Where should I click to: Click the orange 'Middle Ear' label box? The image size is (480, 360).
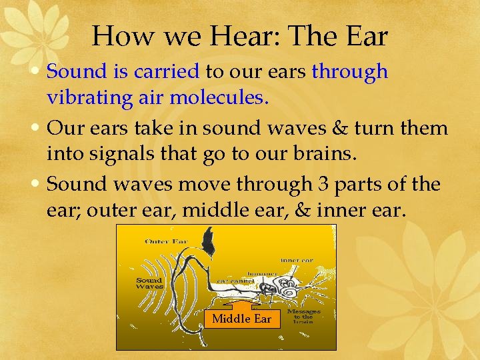(241, 319)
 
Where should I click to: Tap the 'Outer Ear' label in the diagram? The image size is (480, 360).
(167, 241)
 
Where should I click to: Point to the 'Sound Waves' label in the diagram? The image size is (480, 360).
(149, 283)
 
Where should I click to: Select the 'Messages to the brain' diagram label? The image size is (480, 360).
(303, 315)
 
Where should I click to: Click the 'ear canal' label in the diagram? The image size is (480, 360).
(231, 281)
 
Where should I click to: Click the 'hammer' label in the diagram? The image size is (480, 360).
(262, 273)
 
